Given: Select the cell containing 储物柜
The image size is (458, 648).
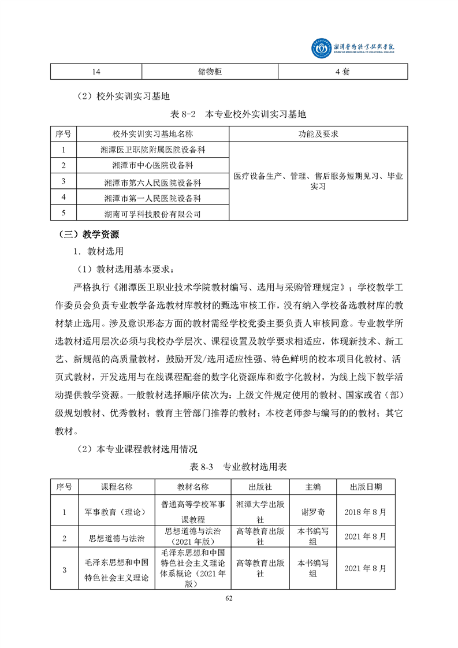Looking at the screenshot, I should point(210,72).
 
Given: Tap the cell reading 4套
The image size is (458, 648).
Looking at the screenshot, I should point(342,72).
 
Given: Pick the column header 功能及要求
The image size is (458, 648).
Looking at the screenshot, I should point(318,134).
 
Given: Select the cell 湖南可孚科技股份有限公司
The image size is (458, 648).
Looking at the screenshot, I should point(152,214).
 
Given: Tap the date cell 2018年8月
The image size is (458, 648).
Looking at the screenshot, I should point(365,512).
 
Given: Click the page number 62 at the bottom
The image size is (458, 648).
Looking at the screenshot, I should point(229,598).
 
